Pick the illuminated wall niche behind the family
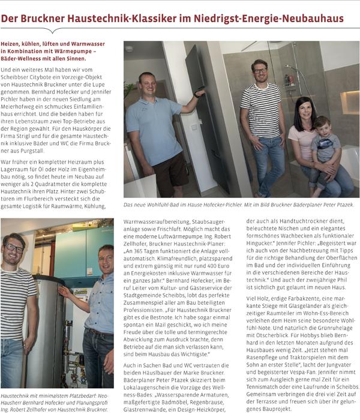click(x=349, y=102)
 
